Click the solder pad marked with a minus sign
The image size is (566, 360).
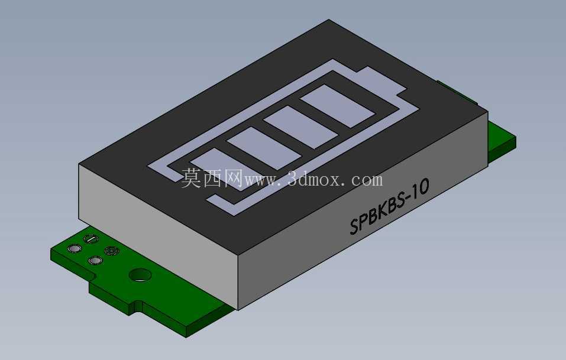[90, 238]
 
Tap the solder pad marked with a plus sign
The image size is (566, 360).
[111, 251]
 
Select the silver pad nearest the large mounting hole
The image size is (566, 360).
[95, 261]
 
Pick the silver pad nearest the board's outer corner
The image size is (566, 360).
[75, 248]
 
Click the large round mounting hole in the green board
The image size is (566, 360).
[140, 275]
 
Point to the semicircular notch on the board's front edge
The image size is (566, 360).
[138, 305]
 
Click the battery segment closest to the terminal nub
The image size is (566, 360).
[338, 106]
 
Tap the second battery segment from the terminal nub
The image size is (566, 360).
[301, 127]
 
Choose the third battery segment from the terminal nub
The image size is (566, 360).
[264, 148]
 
